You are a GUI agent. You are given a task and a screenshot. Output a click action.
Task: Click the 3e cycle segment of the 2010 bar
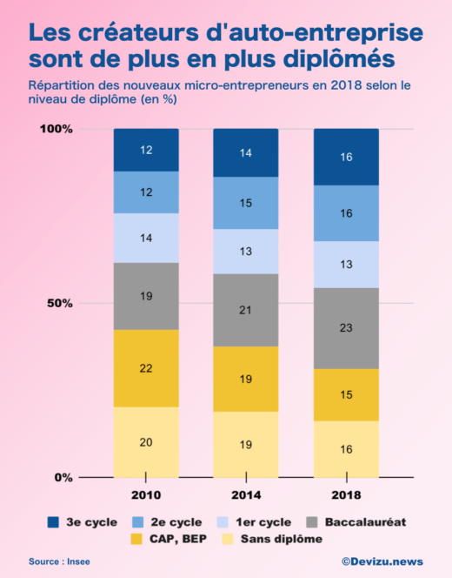pos(146,150)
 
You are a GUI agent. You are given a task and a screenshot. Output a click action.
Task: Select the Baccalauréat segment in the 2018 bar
pos(346,328)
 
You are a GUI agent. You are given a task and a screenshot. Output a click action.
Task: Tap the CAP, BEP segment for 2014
pos(246,379)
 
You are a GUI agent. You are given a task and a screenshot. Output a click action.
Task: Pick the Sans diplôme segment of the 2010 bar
pos(146,442)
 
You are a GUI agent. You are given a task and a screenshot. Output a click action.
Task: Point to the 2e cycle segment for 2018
pos(346,213)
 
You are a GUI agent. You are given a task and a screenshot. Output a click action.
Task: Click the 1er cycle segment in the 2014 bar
pos(246,252)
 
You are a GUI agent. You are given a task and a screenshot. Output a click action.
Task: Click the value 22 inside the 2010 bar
pos(146,368)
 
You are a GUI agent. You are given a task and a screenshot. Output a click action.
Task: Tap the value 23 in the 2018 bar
pos(346,328)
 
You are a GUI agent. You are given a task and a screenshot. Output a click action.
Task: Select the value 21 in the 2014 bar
pos(246,311)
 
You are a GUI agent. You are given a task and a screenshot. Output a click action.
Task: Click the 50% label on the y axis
pos(59,303)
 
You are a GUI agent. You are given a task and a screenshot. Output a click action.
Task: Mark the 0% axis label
pos(63,477)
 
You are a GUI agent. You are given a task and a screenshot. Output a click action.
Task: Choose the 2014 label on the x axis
pos(246,495)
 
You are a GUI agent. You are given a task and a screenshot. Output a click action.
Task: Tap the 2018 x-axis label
pos(346,495)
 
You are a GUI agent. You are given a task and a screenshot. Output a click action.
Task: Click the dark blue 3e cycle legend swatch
pos(54,522)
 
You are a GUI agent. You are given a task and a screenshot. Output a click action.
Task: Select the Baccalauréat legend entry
pos(366,522)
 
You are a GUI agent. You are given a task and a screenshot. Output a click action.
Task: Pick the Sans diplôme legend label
pos(282,539)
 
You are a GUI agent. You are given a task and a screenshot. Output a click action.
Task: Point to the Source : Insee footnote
pos(58,562)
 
